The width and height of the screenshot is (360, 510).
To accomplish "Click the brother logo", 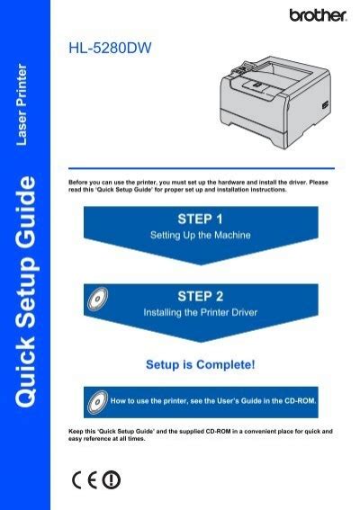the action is [x=318, y=15].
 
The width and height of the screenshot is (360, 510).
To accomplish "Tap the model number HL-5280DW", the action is [x=110, y=48].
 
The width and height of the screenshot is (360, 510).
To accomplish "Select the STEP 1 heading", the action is [x=200, y=219].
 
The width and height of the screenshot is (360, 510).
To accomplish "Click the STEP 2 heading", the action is [x=201, y=296].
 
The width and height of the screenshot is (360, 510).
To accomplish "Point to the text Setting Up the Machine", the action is [x=201, y=235].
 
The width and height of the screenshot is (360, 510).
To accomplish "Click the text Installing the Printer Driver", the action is [x=201, y=313].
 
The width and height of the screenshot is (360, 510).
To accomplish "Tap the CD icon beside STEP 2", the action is [x=97, y=299].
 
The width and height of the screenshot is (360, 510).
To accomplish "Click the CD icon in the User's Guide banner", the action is [x=97, y=402].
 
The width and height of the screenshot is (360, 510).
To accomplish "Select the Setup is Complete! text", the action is [x=201, y=364].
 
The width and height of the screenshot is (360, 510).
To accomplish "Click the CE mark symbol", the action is [x=85, y=479].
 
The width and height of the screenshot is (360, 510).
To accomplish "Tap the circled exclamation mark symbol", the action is [x=112, y=479].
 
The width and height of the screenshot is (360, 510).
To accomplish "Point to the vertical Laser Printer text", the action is [x=22, y=104].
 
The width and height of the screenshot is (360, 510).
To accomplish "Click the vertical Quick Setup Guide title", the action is [x=25, y=291].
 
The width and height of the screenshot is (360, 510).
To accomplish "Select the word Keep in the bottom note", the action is [x=76, y=431].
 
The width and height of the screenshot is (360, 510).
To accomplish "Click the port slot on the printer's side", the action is [x=325, y=105].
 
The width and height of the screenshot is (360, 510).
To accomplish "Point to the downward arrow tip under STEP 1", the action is [x=201, y=264].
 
